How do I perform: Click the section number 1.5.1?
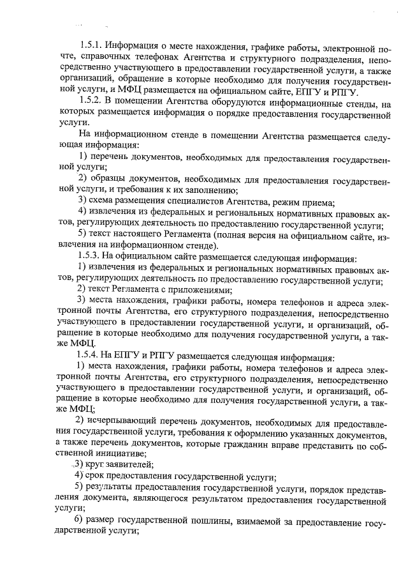90,47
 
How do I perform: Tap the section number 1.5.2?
90,101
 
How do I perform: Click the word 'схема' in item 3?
103,201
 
